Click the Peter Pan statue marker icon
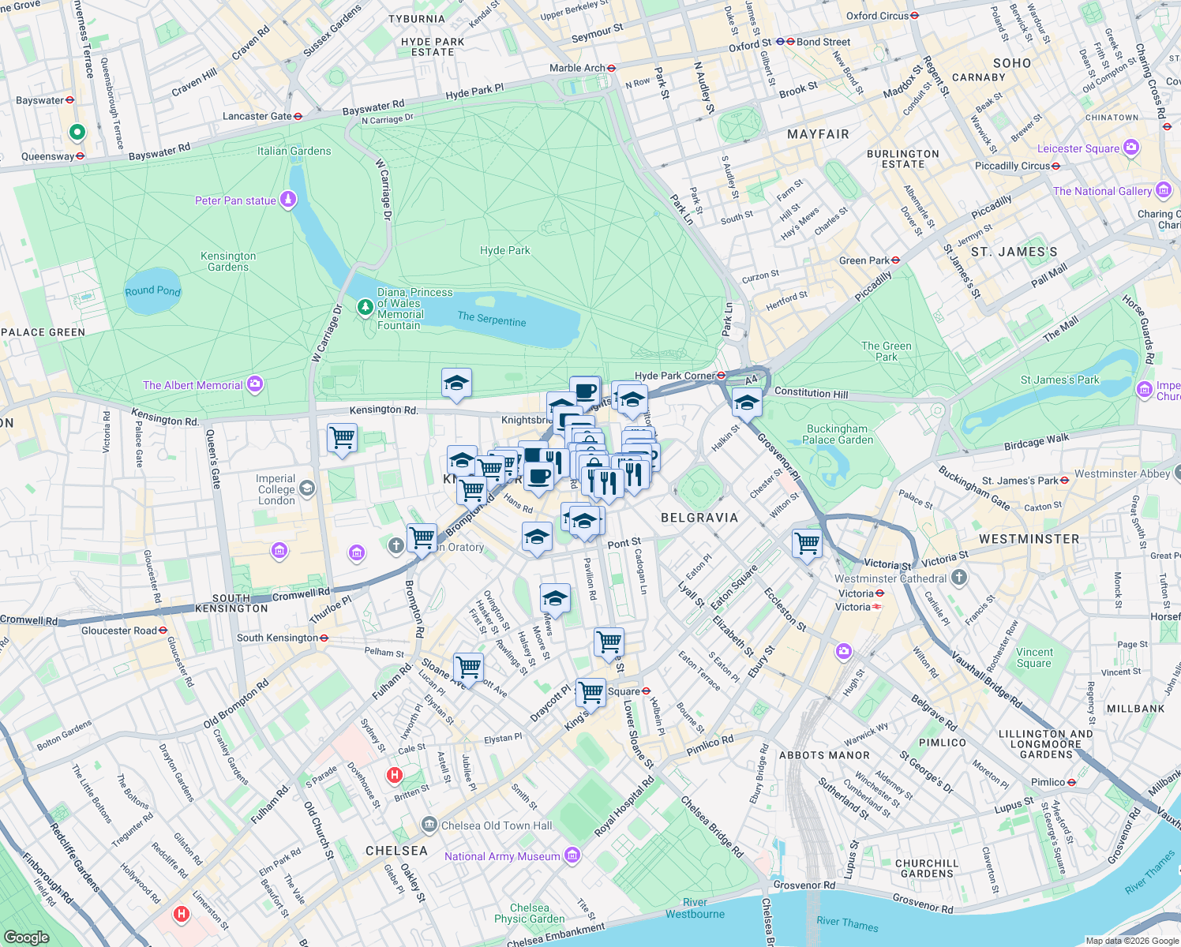point(289,200)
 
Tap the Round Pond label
point(152,290)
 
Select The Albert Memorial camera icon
point(255,384)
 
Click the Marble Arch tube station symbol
point(612,68)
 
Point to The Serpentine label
point(491,319)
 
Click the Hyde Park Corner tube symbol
point(722,376)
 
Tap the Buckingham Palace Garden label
point(838,434)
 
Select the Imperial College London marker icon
point(307,488)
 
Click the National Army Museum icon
point(572,855)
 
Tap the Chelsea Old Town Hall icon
point(429,825)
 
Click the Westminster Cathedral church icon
point(959,578)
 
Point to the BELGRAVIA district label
point(699,518)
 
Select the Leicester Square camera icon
point(1131,148)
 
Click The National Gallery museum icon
point(1163,190)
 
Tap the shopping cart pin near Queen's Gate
point(342,437)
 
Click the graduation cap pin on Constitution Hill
point(747,403)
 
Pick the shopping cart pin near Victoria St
point(807,543)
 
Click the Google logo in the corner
point(26,937)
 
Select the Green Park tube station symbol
point(896,260)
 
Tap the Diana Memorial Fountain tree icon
point(365,306)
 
